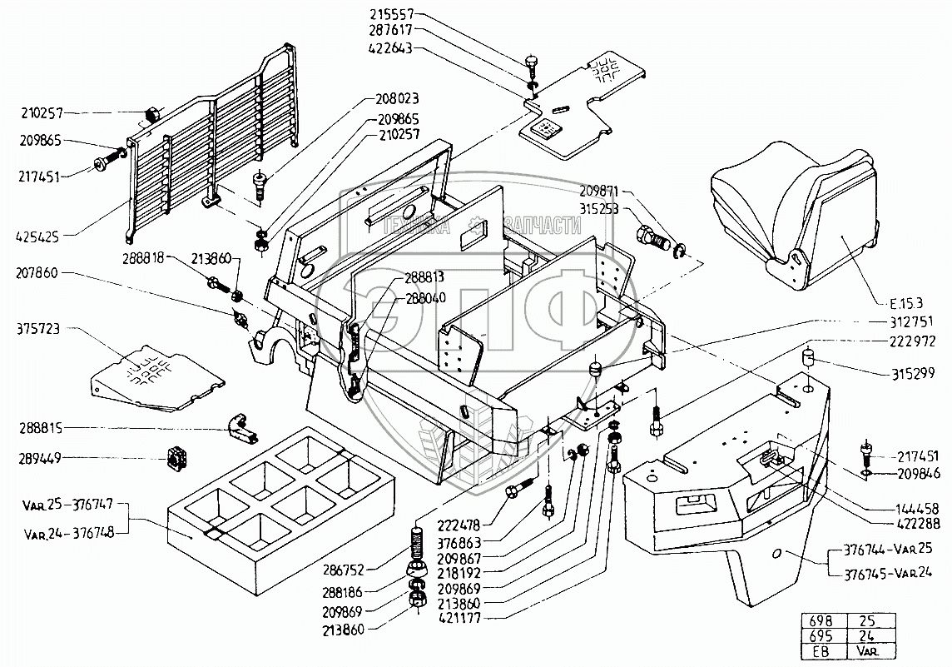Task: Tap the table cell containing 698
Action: pos(822,620)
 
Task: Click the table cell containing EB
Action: pos(822,650)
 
